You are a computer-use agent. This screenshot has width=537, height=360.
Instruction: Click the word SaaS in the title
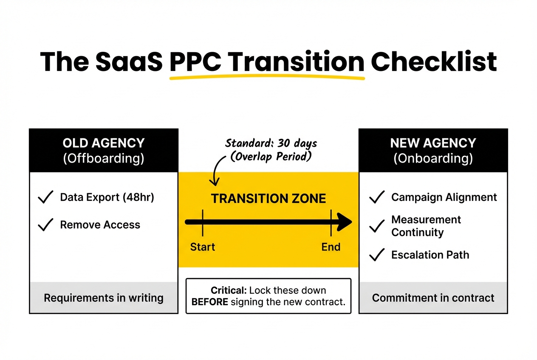click(x=129, y=62)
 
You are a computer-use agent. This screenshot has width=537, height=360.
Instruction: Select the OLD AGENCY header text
click(x=103, y=143)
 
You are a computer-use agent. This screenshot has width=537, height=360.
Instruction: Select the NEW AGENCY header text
click(x=433, y=143)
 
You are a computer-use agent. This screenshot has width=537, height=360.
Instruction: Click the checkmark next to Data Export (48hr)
click(x=45, y=197)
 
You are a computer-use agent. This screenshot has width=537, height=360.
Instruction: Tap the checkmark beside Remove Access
click(x=45, y=225)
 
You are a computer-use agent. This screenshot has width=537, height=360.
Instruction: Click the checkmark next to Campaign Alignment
click(x=377, y=197)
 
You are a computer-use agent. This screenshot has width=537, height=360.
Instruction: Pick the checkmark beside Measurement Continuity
click(x=377, y=226)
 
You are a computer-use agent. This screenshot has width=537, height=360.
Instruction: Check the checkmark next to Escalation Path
click(x=377, y=255)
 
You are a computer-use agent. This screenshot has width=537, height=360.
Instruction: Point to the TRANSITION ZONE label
click(x=268, y=199)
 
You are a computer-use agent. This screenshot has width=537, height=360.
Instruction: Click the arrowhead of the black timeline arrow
click(x=344, y=222)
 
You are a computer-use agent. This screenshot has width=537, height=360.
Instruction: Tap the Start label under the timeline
click(x=202, y=247)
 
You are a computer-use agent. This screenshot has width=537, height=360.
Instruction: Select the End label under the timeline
click(x=331, y=247)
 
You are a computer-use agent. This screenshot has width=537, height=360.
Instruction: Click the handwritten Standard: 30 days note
click(x=271, y=143)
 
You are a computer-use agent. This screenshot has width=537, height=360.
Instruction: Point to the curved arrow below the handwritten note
click(x=216, y=170)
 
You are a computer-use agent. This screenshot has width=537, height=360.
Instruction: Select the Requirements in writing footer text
click(x=103, y=298)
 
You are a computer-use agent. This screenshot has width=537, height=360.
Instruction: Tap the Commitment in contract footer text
click(x=433, y=298)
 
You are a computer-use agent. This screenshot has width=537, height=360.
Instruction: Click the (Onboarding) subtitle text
click(x=433, y=158)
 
